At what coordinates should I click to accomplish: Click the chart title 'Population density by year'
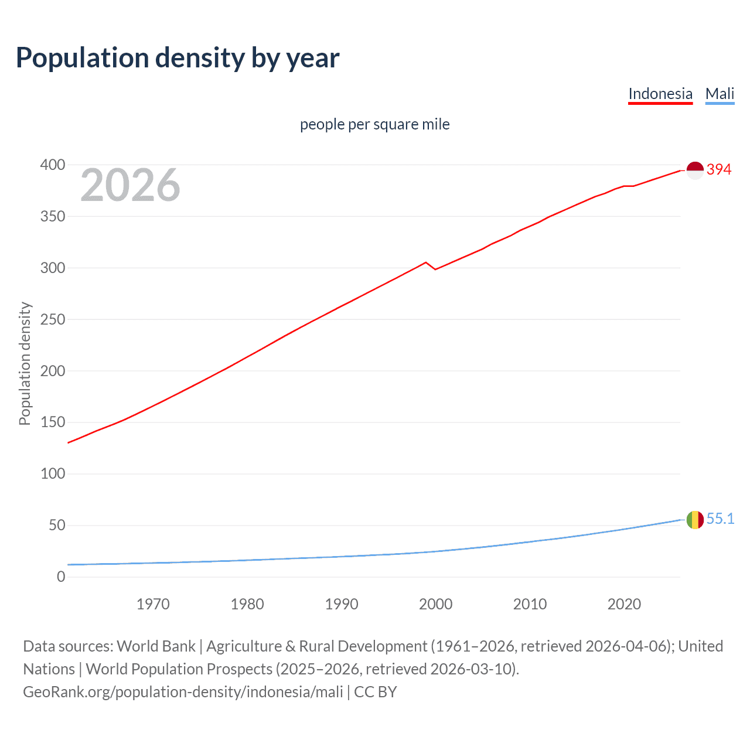click(x=178, y=57)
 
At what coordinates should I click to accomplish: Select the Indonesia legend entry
click(x=660, y=94)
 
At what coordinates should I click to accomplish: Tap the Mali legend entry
click(x=720, y=94)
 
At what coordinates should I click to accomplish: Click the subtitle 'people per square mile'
click(x=375, y=124)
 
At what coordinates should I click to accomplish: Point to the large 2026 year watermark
click(x=130, y=185)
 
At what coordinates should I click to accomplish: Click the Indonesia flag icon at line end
click(x=695, y=170)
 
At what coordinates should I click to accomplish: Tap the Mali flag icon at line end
click(x=695, y=520)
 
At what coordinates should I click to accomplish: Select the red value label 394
click(x=719, y=169)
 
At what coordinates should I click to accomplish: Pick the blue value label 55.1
click(x=720, y=519)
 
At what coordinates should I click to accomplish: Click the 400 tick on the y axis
click(x=53, y=165)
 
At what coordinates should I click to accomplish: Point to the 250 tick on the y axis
click(x=53, y=319)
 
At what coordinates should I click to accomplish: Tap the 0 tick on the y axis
click(x=61, y=577)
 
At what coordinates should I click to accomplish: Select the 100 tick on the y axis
click(x=53, y=473)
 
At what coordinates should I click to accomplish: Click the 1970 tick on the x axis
click(x=153, y=604)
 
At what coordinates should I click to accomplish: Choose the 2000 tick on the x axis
click(x=435, y=604)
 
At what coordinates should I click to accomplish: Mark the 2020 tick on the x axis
click(x=624, y=604)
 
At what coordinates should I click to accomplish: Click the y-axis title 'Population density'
click(x=25, y=363)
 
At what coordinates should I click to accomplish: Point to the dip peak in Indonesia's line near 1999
click(x=426, y=262)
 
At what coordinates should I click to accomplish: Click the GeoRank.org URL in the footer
click(x=183, y=692)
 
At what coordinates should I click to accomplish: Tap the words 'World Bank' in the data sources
click(x=156, y=646)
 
